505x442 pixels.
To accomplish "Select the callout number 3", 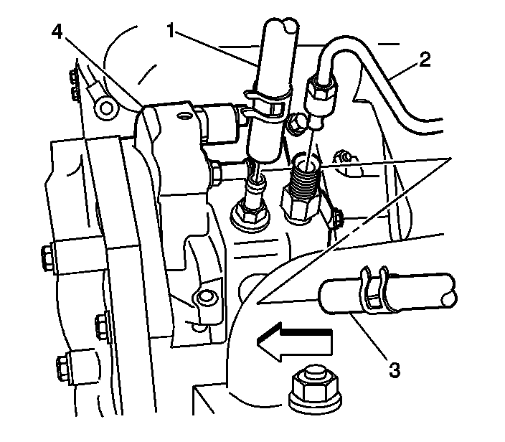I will tap(393, 371).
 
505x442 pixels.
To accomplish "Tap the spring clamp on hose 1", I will tap(267, 100).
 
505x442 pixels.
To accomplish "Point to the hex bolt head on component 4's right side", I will tap(214, 171).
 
